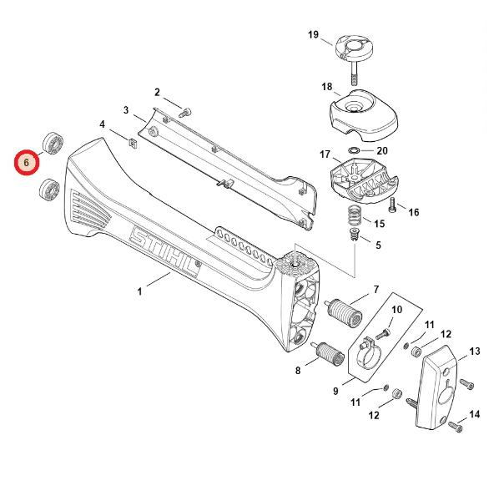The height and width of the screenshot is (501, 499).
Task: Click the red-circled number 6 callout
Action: [26, 162]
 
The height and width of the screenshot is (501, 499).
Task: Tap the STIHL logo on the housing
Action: [164, 252]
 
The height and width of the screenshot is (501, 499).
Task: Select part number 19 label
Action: [313, 34]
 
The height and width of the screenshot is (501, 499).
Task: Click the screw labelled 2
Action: [185, 113]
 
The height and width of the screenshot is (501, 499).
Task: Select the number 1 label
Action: [139, 291]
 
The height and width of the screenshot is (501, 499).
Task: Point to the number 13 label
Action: [475, 352]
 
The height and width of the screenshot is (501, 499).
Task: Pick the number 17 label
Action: [325, 154]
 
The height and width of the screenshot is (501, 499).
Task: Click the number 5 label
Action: [378, 245]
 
